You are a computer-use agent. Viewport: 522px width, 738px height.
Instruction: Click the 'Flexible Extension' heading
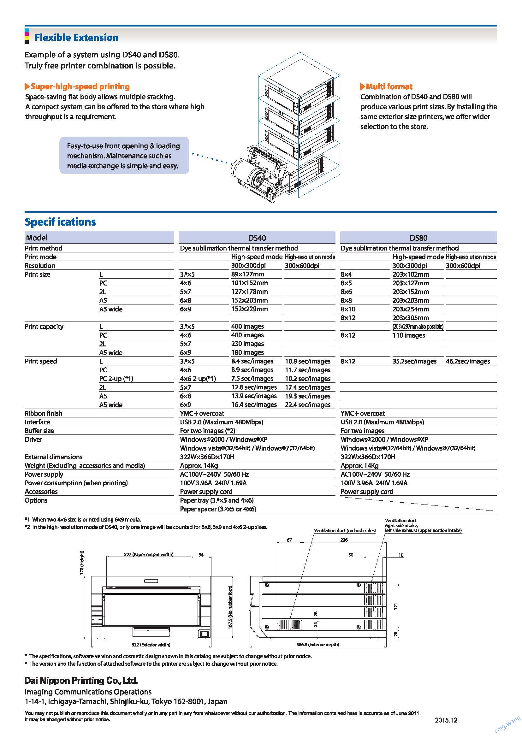[x=76, y=38]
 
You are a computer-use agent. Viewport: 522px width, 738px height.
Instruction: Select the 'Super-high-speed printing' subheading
[x=80, y=86]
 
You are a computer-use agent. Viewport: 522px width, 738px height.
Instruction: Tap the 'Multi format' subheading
[x=389, y=86]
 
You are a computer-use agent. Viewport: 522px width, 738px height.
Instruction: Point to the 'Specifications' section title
[x=60, y=222]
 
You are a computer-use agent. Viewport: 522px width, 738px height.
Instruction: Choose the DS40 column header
[x=257, y=238]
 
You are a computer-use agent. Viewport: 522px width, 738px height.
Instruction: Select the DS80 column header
[x=418, y=238]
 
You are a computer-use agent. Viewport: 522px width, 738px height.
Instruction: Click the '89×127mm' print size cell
[x=247, y=274]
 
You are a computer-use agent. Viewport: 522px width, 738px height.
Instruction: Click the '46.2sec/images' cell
[x=468, y=361]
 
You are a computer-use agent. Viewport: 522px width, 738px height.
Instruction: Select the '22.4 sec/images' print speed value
[x=308, y=405]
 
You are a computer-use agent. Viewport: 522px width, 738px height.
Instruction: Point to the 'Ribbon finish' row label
[x=43, y=413]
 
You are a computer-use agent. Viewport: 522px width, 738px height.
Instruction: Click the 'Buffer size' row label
[x=39, y=431]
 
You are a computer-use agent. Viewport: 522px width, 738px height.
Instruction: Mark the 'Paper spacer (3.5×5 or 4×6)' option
[x=218, y=509]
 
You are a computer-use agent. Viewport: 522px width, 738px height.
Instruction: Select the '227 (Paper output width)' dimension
[x=149, y=554]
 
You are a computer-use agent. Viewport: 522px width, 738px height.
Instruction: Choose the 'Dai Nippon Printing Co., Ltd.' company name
[x=81, y=681]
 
